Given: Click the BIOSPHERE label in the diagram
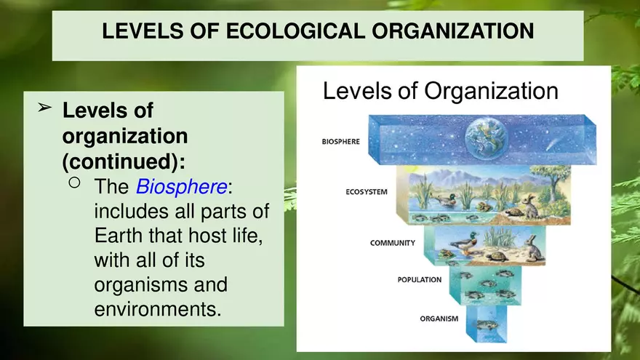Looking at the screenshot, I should tap(340, 142).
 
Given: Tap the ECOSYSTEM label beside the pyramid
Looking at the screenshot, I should tap(366, 193).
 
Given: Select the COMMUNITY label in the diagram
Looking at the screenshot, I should tap(392, 243).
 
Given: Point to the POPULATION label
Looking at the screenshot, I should tap(419, 279).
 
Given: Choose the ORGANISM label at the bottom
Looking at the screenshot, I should tap(439, 319).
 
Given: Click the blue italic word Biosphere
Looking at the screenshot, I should tap(181, 187).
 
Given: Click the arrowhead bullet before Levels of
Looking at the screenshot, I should tap(44, 108).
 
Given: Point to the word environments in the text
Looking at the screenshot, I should tap(157, 309).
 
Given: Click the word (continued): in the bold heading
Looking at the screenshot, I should tap(124, 159).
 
